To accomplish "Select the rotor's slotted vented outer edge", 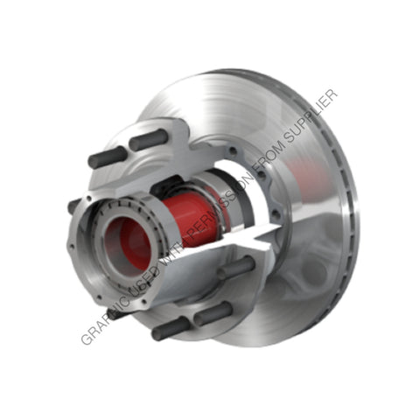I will point(350,219).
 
